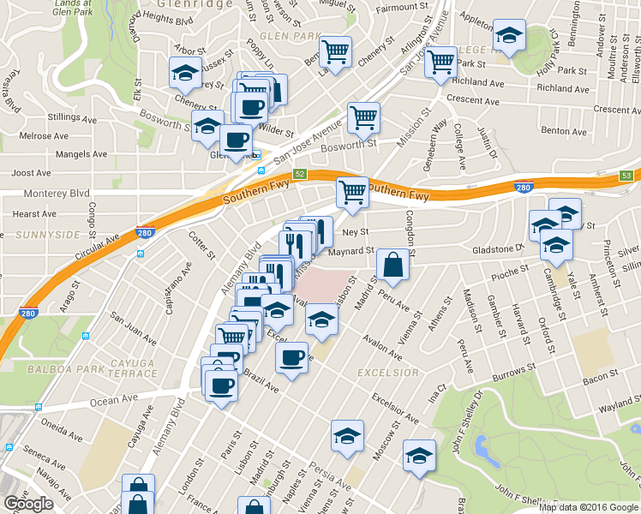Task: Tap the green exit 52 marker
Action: [x=300, y=174]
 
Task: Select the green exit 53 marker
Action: [x=627, y=176]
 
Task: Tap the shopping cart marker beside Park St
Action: [x=440, y=61]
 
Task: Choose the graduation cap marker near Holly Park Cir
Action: [x=509, y=37]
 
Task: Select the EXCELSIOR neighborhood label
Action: [x=387, y=373]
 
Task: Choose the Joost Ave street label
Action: [x=28, y=173]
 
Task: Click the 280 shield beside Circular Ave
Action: [x=144, y=232]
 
